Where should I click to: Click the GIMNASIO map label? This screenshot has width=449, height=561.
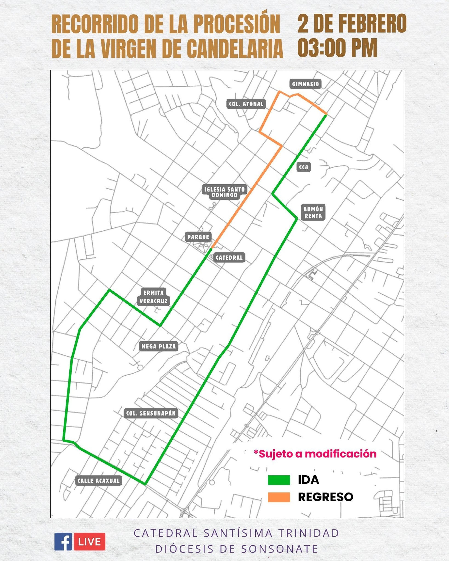point(306,84)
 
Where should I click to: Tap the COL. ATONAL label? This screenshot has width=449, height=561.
point(246,104)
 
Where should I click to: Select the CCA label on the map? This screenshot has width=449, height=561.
point(304,167)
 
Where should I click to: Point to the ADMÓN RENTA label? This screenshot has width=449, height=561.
point(313,212)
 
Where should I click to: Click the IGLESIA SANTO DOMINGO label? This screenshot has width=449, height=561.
point(225,192)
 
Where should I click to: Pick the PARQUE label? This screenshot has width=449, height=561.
point(198,237)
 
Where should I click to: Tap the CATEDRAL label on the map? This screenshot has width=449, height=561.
point(229,257)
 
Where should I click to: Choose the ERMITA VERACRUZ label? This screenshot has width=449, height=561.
point(154,297)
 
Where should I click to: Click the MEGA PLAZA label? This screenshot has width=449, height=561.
point(159,347)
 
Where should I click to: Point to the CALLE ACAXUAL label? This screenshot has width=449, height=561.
point(99,480)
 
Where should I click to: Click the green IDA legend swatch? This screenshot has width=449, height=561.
point(279,480)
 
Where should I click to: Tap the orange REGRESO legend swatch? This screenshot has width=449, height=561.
point(279,497)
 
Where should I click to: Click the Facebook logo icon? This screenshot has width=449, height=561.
point(63,541)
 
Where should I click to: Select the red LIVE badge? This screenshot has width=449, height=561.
point(89,542)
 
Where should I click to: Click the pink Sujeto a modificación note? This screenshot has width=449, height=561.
point(315,454)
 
